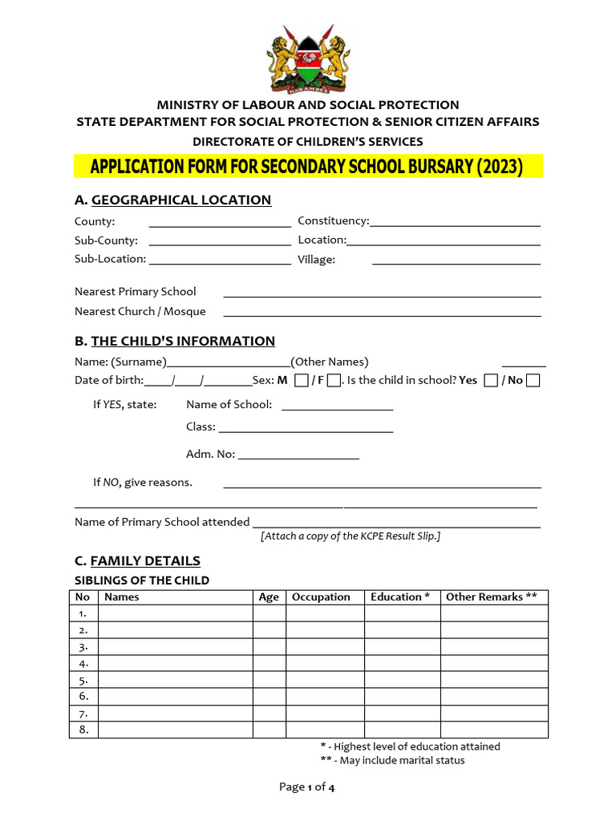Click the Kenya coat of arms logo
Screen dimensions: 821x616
pyautogui.click(x=308, y=59)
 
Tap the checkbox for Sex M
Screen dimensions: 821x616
pyautogui.click(x=301, y=381)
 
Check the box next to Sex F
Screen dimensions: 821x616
pyautogui.click(x=334, y=381)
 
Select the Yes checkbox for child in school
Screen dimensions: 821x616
pyautogui.click(x=491, y=381)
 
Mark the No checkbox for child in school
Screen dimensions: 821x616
pyautogui.click(x=533, y=381)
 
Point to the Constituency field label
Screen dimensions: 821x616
pyautogui.click(x=333, y=220)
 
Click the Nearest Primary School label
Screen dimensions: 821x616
pyautogui.click(x=135, y=292)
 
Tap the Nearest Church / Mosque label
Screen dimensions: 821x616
pyautogui.click(x=140, y=312)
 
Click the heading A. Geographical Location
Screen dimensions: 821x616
pyautogui.click(x=172, y=200)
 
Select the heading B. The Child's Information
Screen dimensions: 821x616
pyautogui.click(x=174, y=342)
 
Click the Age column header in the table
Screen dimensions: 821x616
pyautogui.click(x=269, y=597)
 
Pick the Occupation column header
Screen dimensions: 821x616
pyautogui.click(x=321, y=597)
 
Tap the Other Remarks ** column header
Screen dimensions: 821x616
pyautogui.click(x=491, y=597)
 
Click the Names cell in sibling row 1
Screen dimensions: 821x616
pyautogui.click(x=175, y=613)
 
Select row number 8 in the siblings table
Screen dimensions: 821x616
pyautogui.click(x=83, y=730)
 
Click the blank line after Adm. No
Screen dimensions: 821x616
pyautogui.click(x=298, y=456)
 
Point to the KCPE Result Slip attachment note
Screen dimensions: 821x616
pyautogui.click(x=351, y=536)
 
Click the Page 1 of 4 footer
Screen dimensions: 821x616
pyautogui.click(x=306, y=787)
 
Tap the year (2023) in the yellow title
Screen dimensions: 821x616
pyautogui.click(x=500, y=167)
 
